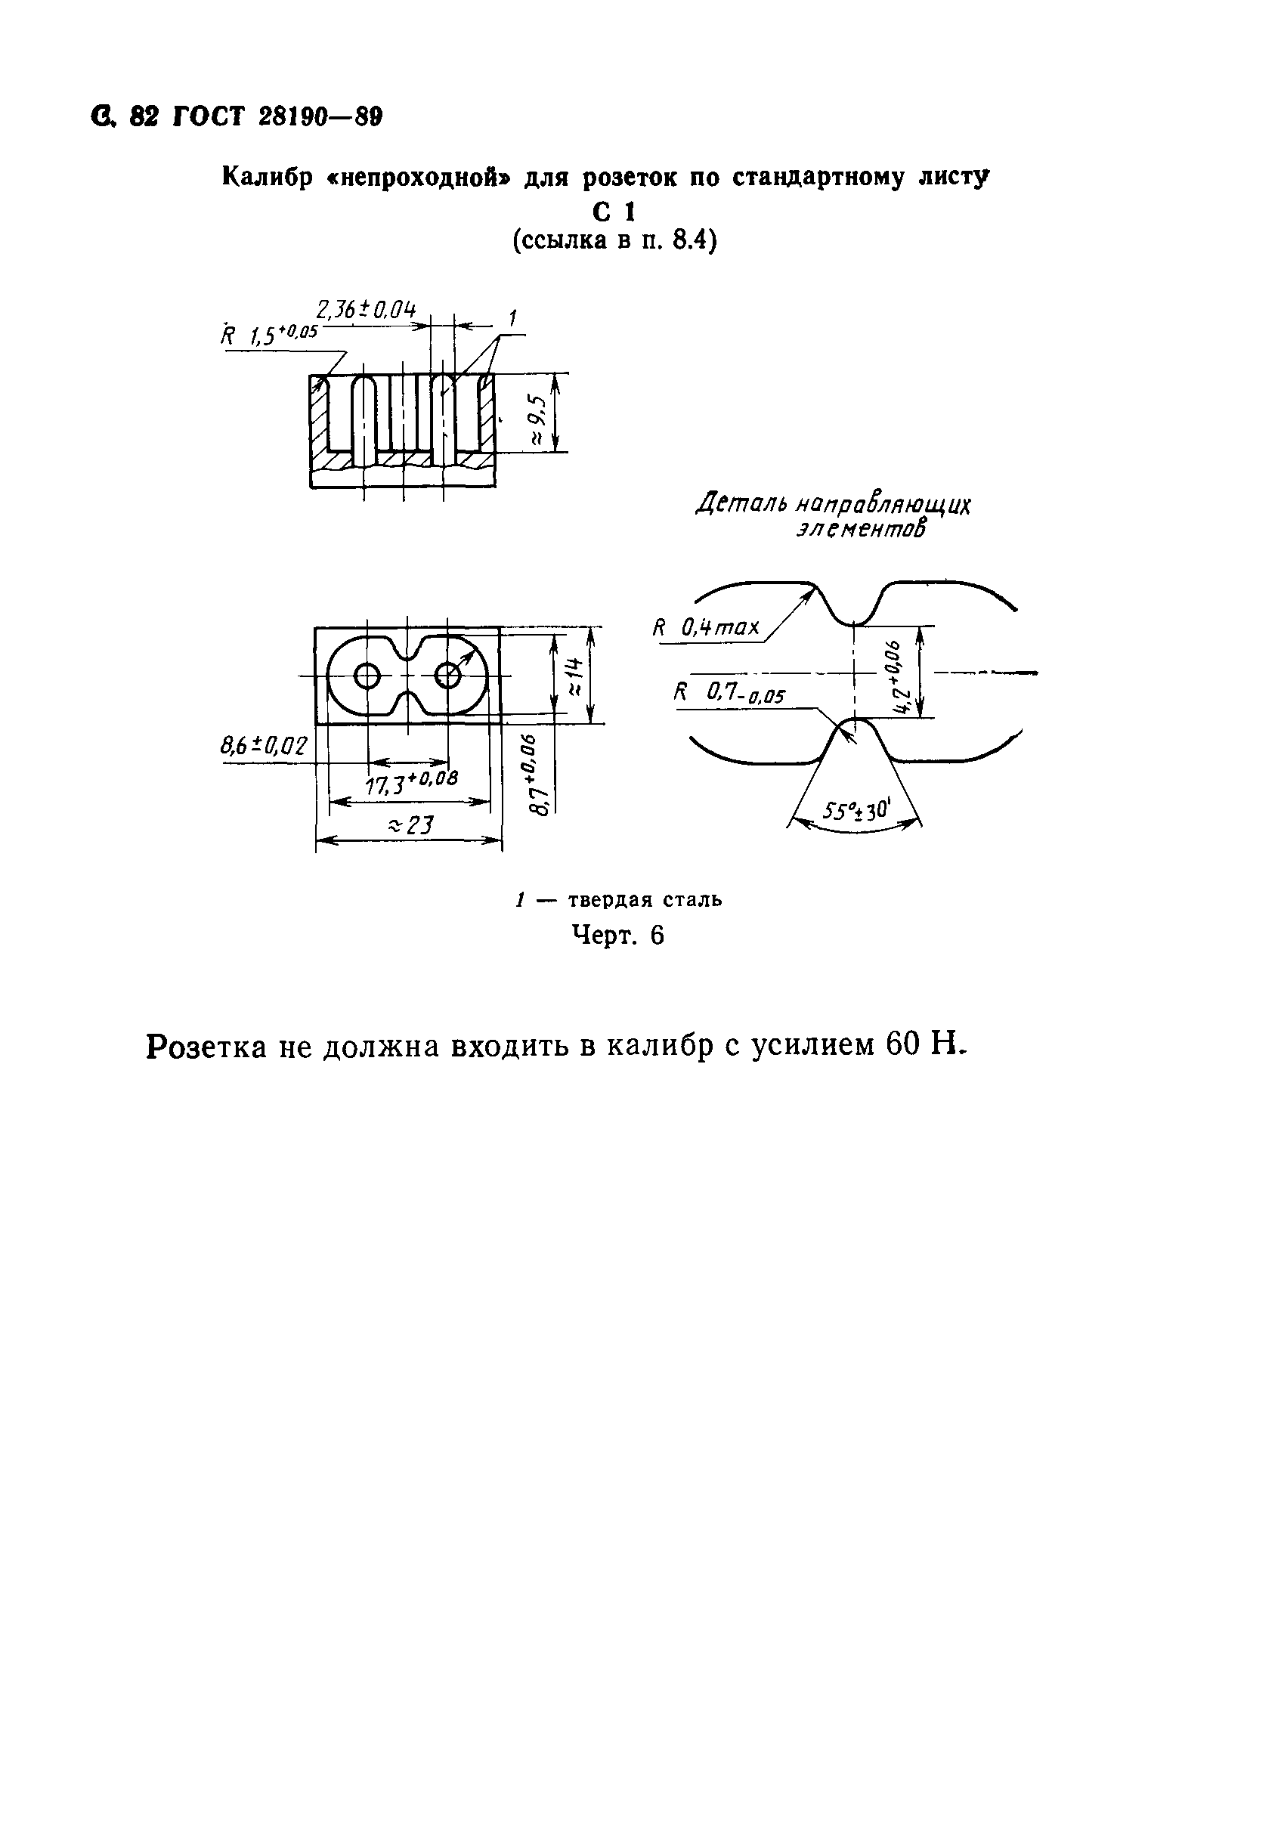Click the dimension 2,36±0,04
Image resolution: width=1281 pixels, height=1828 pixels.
(x=366, y=309)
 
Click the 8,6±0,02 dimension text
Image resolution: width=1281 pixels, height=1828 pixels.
(x=264, y=746)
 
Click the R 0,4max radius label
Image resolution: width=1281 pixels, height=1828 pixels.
(x=706, y=628)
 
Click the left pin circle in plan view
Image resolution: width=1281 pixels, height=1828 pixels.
(x=368, y=677)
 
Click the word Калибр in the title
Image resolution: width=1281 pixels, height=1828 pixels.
(x=269, y=178)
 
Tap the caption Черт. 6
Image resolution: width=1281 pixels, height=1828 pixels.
(x=617, y=935)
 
